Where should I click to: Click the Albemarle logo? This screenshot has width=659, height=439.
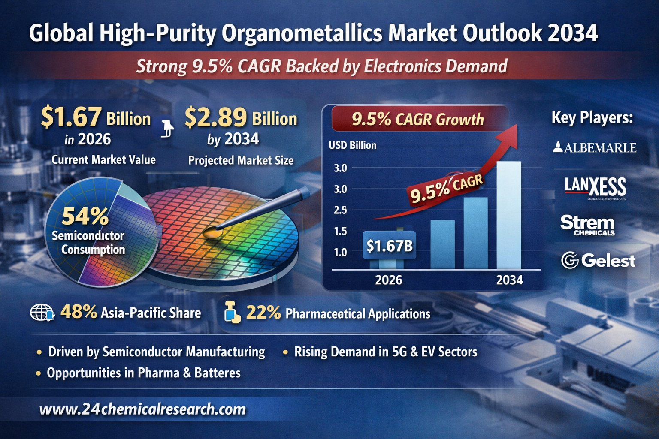(x=595, y=148)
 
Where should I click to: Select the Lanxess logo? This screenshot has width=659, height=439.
(x=595, y=188)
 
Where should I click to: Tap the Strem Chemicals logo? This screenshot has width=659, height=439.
(x=587, y=225)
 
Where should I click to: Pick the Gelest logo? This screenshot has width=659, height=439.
(x=598, y=261)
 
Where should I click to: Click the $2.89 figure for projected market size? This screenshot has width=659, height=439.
(x=216, y=117)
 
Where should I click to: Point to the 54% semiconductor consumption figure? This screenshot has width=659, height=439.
(x=85, y=216)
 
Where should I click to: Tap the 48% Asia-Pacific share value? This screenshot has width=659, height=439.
(x=79, y=312)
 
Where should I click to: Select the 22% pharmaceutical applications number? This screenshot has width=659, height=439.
(x=263, y=313)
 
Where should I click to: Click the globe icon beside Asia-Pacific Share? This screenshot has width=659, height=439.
(x=41, y=313)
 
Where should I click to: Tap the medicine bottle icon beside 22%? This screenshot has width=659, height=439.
(x=232, y=312)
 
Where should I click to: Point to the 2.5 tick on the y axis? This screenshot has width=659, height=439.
(x=340, y=210)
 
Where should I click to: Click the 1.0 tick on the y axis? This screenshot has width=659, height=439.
(x=340, y=252)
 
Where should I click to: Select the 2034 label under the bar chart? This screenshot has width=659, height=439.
(x=509, y=280)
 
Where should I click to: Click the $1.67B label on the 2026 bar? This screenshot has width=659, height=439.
(x=389, y=246)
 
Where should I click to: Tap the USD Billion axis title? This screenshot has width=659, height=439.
(x=352, y=145)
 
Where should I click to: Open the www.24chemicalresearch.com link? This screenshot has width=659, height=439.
(x=142, y=409)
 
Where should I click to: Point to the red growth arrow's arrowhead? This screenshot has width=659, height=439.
(x=510, y=133)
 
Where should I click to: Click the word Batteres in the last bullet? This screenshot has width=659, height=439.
(x=218, y=373)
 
